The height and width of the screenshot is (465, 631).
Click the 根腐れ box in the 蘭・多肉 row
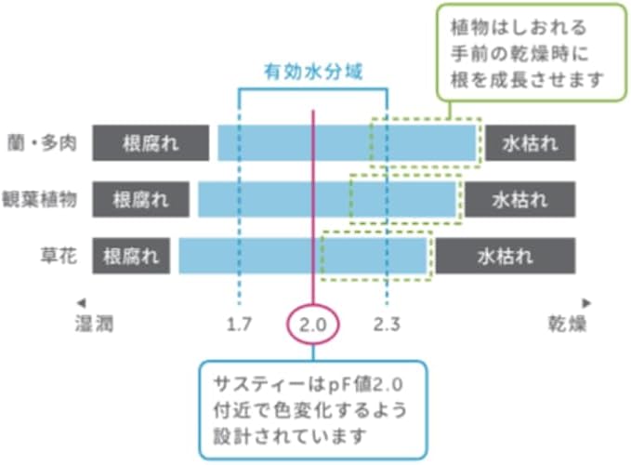151,144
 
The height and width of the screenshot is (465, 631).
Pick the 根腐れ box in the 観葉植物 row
140,199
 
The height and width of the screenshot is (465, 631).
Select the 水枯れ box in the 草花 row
506,255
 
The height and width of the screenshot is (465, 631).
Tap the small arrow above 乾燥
586,303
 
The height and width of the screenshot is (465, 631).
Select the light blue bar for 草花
251,255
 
